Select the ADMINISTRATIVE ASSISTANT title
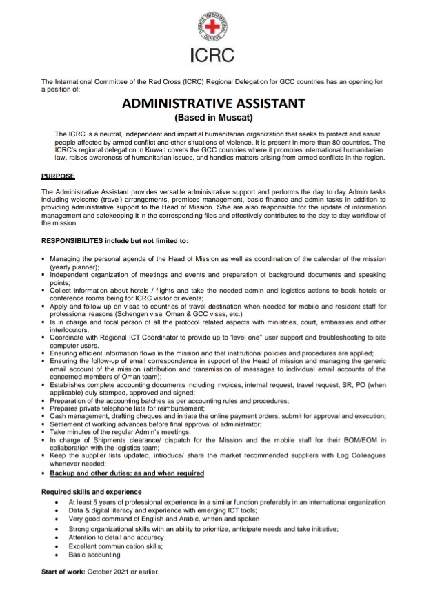(x=213, y=104)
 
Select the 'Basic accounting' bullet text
(x=94, y=555)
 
